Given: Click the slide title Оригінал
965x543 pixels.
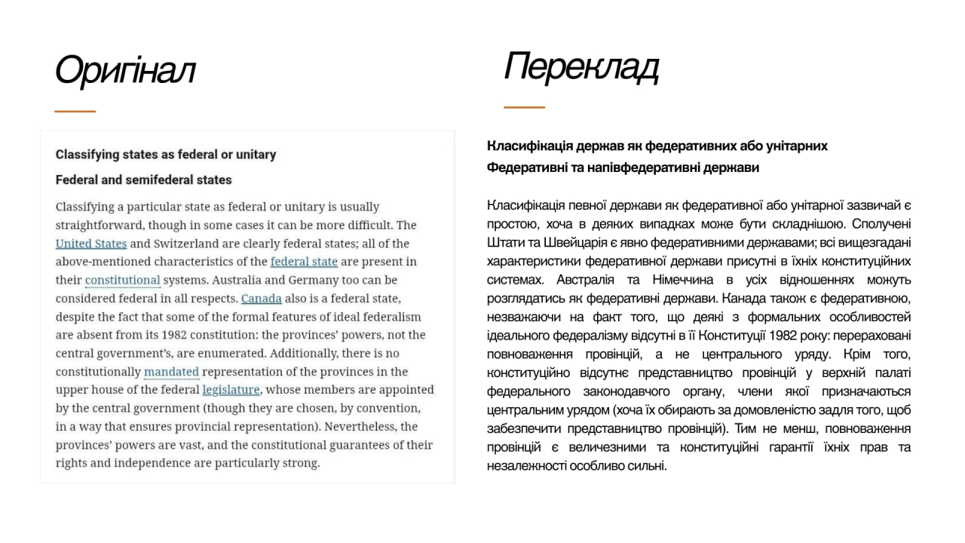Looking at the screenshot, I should point(125,71).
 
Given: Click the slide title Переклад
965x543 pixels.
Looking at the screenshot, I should point(581,66).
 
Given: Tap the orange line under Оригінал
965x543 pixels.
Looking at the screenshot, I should point(75,112).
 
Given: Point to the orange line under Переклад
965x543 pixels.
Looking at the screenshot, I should point(524,108).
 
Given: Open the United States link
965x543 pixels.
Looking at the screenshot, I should point(91,244).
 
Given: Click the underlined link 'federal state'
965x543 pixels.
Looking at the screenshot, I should point(304,262).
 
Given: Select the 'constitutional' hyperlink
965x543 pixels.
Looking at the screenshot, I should point(123,281).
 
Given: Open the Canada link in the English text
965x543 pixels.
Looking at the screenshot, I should point(261,299).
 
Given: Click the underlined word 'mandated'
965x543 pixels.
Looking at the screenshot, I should point(171,372).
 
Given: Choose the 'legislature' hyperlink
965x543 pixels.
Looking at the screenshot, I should point(231,390).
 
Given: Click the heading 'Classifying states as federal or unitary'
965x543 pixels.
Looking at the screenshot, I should point(166,155).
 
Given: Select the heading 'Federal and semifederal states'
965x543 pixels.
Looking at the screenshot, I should point(144,180).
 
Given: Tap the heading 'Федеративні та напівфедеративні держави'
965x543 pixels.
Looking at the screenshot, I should point(623,167).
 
